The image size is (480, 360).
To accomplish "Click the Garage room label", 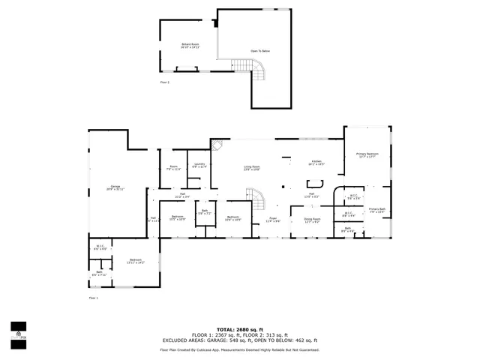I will pos(116,187).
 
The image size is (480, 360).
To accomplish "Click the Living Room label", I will pos(251,167).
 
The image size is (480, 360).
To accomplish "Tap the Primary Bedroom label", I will pos(367,155).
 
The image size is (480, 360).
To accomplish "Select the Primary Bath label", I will pos(377,211).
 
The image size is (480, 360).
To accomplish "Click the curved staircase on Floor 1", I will pos(258,201).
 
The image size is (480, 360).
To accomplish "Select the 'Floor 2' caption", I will pos(164,82).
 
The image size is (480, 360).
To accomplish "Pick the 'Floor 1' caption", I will pos(94,298).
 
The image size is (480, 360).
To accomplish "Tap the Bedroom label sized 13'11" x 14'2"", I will pos(135,262).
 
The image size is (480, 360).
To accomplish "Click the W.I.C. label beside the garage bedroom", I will pos(100,247).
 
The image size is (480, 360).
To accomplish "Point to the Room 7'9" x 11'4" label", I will pos(173,169).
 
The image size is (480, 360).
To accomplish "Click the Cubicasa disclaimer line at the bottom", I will pos(239,350).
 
